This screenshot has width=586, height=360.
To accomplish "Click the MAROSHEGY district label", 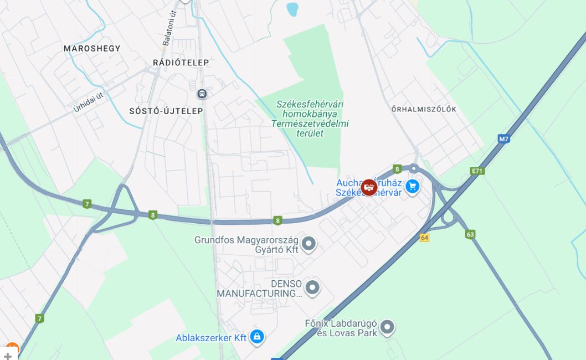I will (x=92, y=48).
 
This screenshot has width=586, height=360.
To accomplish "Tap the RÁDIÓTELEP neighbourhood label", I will (x=181, y=63).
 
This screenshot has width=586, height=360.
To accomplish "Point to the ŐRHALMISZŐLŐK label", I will (x=424, y=109).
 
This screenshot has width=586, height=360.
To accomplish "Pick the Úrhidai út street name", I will (x=89, y=102).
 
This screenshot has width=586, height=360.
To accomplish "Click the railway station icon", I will (x=202, y=94).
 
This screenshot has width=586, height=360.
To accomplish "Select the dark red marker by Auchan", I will (x=369, y=187).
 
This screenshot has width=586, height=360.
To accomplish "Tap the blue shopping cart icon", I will (x=412, y=187).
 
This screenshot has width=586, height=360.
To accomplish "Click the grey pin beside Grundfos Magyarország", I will (x=309, y=244).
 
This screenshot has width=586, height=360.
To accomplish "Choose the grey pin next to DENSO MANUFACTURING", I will (x=313, y=287).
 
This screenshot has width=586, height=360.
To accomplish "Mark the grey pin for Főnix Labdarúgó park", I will (x=387, y=327).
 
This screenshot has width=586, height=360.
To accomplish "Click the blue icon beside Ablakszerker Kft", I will (x=256, y=337).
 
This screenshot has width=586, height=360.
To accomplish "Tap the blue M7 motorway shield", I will (x=503, y=139).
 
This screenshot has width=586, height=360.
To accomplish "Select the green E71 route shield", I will (x=477, y=171).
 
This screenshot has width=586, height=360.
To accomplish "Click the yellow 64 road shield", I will (x=425, y=237).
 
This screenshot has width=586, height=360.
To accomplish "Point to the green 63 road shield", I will (x=470, y=234).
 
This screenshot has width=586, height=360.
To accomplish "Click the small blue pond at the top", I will (x=292, y=9).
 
